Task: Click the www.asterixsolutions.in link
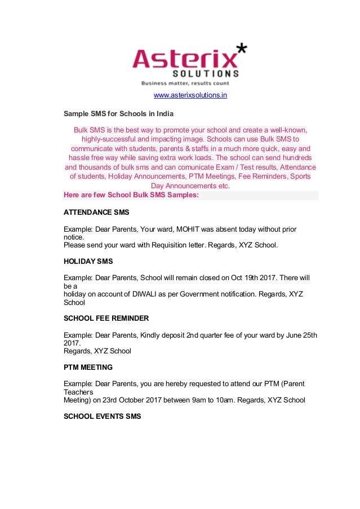coord(190,95)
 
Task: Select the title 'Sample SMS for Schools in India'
coord(119,114)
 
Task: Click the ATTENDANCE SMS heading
coord(96,213)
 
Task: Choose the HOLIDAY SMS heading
coord(88,262)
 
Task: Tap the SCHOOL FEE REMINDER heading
coord(106,318)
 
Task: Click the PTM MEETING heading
coord(88,367)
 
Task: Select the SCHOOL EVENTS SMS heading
coord(102,416)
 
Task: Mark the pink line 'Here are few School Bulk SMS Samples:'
coord(131,196)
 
